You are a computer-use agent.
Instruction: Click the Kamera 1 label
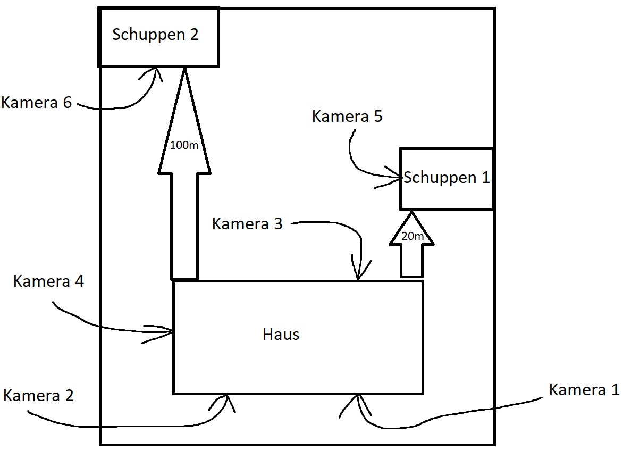(x=584, y=390)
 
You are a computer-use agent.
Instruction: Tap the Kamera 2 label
(x=38, y=396)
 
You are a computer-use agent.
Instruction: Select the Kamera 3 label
(x=247, y=224)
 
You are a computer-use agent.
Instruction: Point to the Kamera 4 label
(x=48, y=281)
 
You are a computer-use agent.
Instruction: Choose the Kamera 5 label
(x=347, y=116)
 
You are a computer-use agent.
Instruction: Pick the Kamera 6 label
(x=36, y=103)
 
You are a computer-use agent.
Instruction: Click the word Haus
(x=281, y=335)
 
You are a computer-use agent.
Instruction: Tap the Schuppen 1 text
(x=446, y=178)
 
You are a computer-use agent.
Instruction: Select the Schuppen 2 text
(x=155, y=35)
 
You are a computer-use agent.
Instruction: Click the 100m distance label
(x=184, y=145)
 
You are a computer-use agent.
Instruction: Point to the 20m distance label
(x=412, y=237)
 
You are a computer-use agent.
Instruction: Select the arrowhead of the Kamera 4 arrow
(x=171, y=332)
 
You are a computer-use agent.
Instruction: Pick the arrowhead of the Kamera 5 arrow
(x=398, y=178)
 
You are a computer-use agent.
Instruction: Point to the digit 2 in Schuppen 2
(x=193, y=35)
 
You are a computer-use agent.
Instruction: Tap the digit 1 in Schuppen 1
(x=485, y=178)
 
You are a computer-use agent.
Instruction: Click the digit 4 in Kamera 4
(x=78, y=281)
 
